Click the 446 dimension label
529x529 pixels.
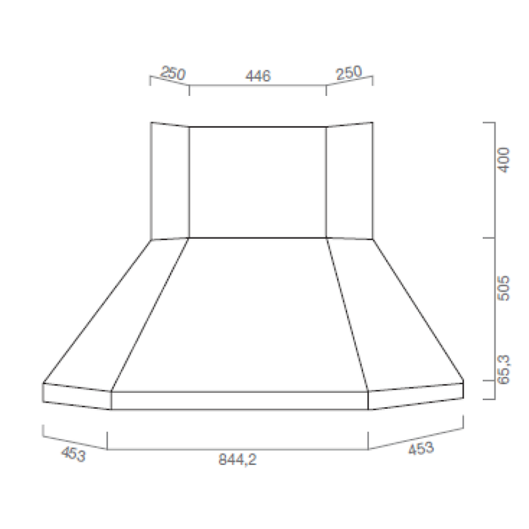coord(258,76)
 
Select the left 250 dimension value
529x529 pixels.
coord(173,73)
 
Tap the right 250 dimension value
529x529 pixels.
coord(349,73)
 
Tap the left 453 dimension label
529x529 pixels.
coord(73,454)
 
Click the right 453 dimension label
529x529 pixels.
coord(421,449)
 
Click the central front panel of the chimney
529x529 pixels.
coord(257,181)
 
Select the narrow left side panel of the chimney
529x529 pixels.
coord(170,181)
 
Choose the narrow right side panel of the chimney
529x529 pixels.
coord(349,181)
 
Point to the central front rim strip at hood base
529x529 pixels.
coord(240,401)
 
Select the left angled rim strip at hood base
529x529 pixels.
coord(76,396)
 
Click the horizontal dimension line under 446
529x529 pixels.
coord(257,86)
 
